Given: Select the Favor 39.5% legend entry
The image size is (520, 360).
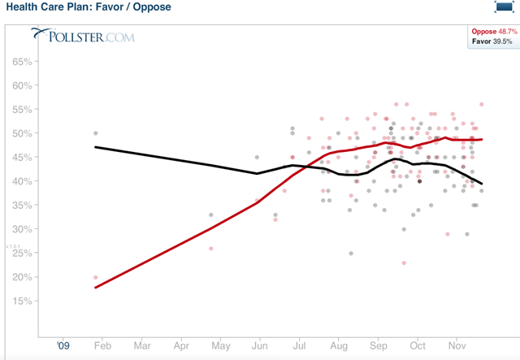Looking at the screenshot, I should click(492, 41).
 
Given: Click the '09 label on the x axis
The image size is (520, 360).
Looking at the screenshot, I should click(64, 345).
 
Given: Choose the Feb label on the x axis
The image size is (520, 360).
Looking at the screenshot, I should click(102, 345).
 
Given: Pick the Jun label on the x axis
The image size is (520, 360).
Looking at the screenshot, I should click(259, 345).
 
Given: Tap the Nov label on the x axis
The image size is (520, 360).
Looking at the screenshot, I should click(457, 345).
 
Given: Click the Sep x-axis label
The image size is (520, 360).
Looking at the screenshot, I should click(377, 345).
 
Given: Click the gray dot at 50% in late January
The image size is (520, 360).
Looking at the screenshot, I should click(96, 132).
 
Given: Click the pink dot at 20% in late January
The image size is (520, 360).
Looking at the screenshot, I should click(96, 277).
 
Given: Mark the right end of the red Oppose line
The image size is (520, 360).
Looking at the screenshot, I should click(482, 139).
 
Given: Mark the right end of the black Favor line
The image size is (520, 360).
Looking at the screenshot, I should click(482, 183).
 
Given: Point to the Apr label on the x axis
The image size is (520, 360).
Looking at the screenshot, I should click(180, 345).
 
